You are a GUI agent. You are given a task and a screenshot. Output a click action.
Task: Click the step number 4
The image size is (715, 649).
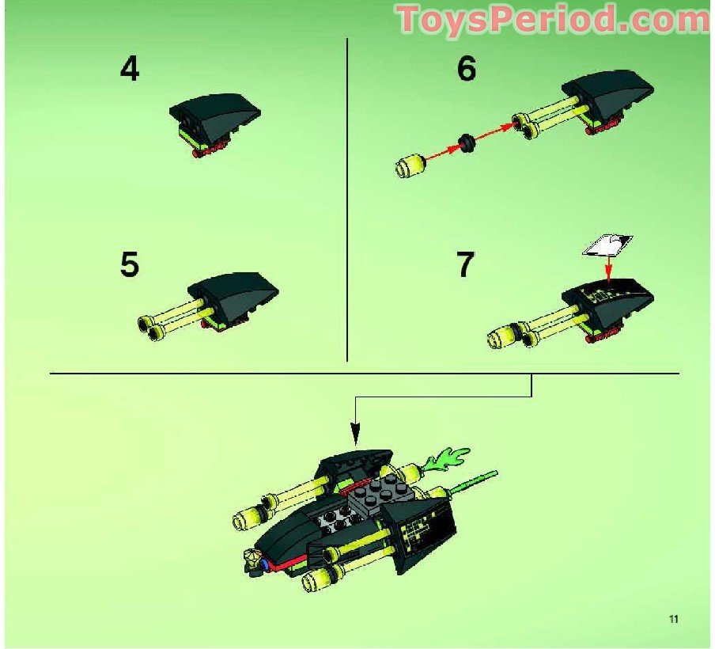[x=129, y=69]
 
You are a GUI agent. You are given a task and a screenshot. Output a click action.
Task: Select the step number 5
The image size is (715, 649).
[x=129, y=264]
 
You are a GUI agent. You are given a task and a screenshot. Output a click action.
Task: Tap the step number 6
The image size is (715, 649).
[x=467, y=70]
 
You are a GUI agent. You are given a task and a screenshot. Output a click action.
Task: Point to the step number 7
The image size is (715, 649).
[x=467, y=264]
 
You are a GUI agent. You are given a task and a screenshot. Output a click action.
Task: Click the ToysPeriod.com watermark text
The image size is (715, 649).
[x=554, y=19]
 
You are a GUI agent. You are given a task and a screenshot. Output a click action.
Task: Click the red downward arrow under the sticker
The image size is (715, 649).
[x=607, y=271]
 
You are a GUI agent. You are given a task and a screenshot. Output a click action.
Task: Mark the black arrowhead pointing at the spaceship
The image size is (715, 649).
[x=355, y=433]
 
